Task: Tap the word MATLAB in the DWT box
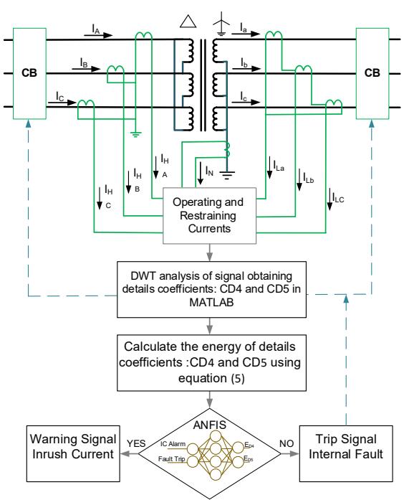point(211,302)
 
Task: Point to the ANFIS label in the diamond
point(209,425)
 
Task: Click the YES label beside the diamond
point(136,443)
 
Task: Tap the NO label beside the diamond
point(287,443)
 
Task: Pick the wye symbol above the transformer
point(221,23)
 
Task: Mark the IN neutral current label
point(209,171)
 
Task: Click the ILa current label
point(279,166)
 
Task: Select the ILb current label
point(309,178)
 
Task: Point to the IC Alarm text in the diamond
point(173,444)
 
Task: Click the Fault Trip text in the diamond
point(172,459)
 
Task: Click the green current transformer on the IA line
point(143,36)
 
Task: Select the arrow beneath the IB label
point(90,68)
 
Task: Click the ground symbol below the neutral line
point(226,175)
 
